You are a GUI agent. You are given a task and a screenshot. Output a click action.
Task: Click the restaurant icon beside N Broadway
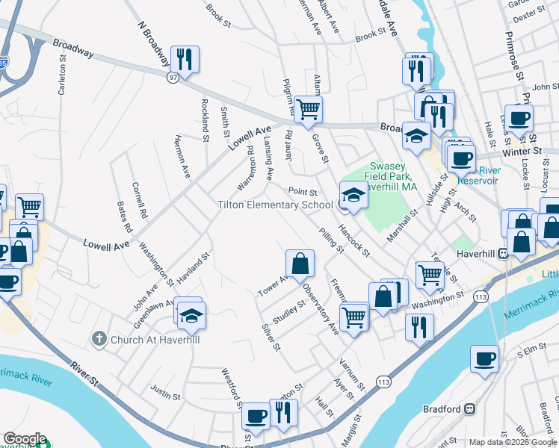point(184,60)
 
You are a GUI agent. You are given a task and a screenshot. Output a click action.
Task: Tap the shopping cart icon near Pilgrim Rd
point(307,109)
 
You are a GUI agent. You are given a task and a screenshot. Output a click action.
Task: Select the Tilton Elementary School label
point(275,205)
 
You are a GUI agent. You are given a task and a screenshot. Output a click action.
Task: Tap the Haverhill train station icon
point(504,253)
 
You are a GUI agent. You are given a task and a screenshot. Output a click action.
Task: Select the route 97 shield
point(173,78)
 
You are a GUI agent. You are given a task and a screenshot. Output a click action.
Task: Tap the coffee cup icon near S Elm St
point(484,358)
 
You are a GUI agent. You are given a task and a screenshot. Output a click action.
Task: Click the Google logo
point(25,439)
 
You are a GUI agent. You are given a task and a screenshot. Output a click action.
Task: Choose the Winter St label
point(515,152)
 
